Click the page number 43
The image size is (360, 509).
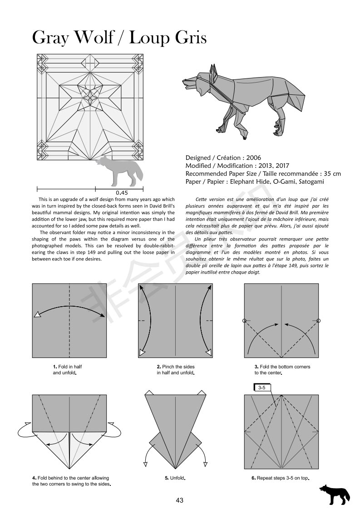tap(180, 500)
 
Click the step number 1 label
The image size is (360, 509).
tap(54, 367)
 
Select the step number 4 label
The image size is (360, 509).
tap(34, 478)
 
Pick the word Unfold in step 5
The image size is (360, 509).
tap(178, 478)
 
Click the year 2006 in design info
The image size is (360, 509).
tap(253, 158)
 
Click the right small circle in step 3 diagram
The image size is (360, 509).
tap(318, 321)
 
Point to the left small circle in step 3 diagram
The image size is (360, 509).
tap(245, 321)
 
